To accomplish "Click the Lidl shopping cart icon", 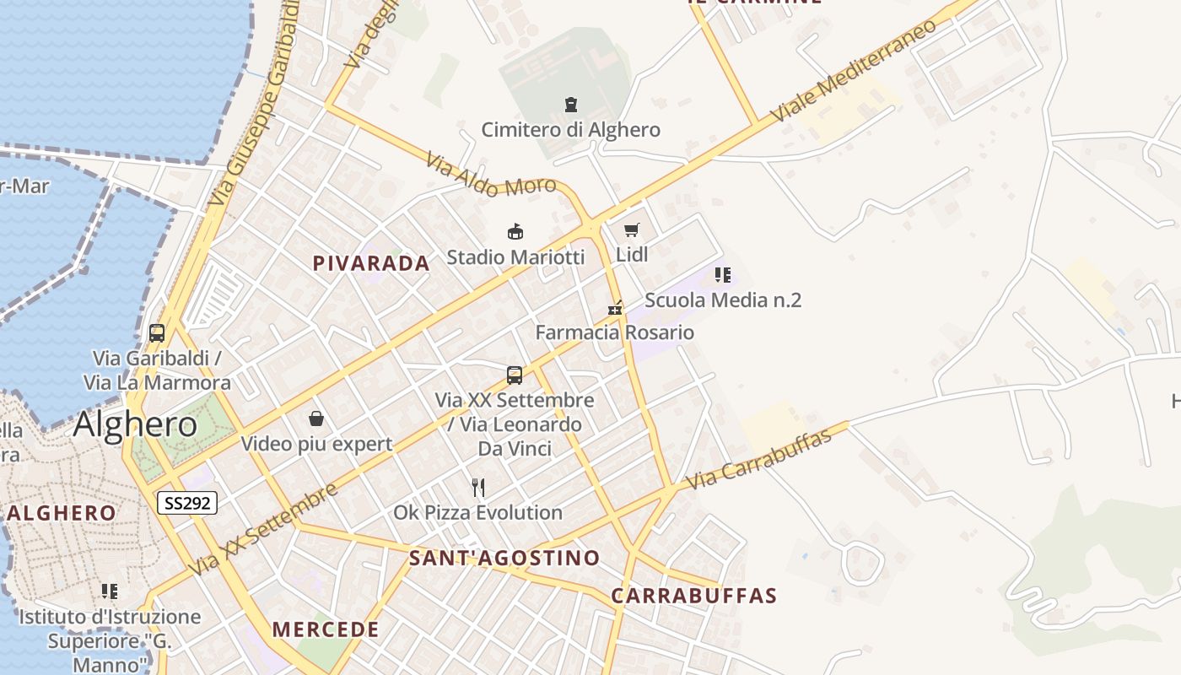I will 632,229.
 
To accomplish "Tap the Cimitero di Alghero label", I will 570,130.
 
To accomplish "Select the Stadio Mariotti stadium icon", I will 515,231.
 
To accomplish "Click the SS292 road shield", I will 187,503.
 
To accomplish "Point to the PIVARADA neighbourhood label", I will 371,263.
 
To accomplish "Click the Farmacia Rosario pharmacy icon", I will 615,308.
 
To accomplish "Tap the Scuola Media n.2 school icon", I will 723,275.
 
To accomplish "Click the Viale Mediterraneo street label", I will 853,70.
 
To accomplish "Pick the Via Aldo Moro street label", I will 490,174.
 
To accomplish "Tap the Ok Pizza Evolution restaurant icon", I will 478,488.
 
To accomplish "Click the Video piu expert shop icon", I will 316,418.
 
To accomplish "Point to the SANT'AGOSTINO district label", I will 504,558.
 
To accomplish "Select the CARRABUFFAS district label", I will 693,596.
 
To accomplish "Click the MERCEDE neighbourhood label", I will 326,629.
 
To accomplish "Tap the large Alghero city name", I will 135,424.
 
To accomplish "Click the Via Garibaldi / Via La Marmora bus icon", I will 157,332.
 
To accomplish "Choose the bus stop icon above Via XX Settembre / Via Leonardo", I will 515,375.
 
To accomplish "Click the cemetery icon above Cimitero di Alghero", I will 571,105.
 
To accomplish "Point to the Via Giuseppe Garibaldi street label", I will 253,105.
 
